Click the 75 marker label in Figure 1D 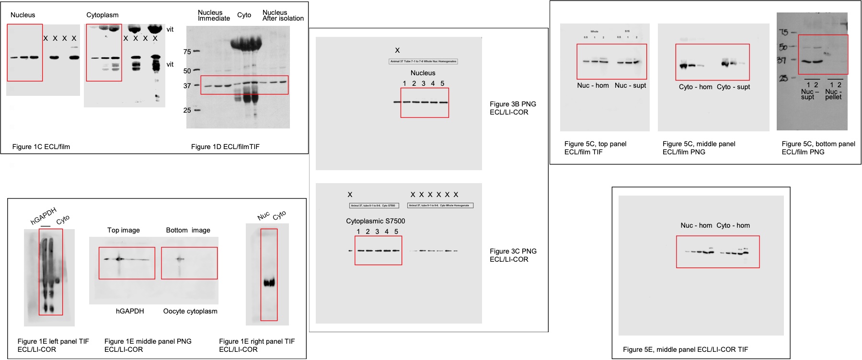coord(187,52)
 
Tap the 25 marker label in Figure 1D coord(187,110)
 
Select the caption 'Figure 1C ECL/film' coord(41,147)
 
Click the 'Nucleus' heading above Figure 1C coord(23,15)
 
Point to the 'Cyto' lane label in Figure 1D coord(244,15)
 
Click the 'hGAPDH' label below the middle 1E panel coord(130,311)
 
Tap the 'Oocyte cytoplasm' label coord(190,311)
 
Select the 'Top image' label coord(124,230)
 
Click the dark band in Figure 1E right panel coord(269,282)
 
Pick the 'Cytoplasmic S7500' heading coord(375,221)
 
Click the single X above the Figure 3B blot coord(397,50)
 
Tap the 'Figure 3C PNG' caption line coord(513,251)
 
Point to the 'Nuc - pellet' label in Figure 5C coord(833,94)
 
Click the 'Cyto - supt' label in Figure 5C coord(733,87)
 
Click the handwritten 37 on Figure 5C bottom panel coord(782,60)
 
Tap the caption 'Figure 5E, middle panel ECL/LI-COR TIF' coord(685,349)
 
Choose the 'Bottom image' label coord(188,230)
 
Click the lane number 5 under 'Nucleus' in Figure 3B coord(442,83)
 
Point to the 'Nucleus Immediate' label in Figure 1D coord(214,15)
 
